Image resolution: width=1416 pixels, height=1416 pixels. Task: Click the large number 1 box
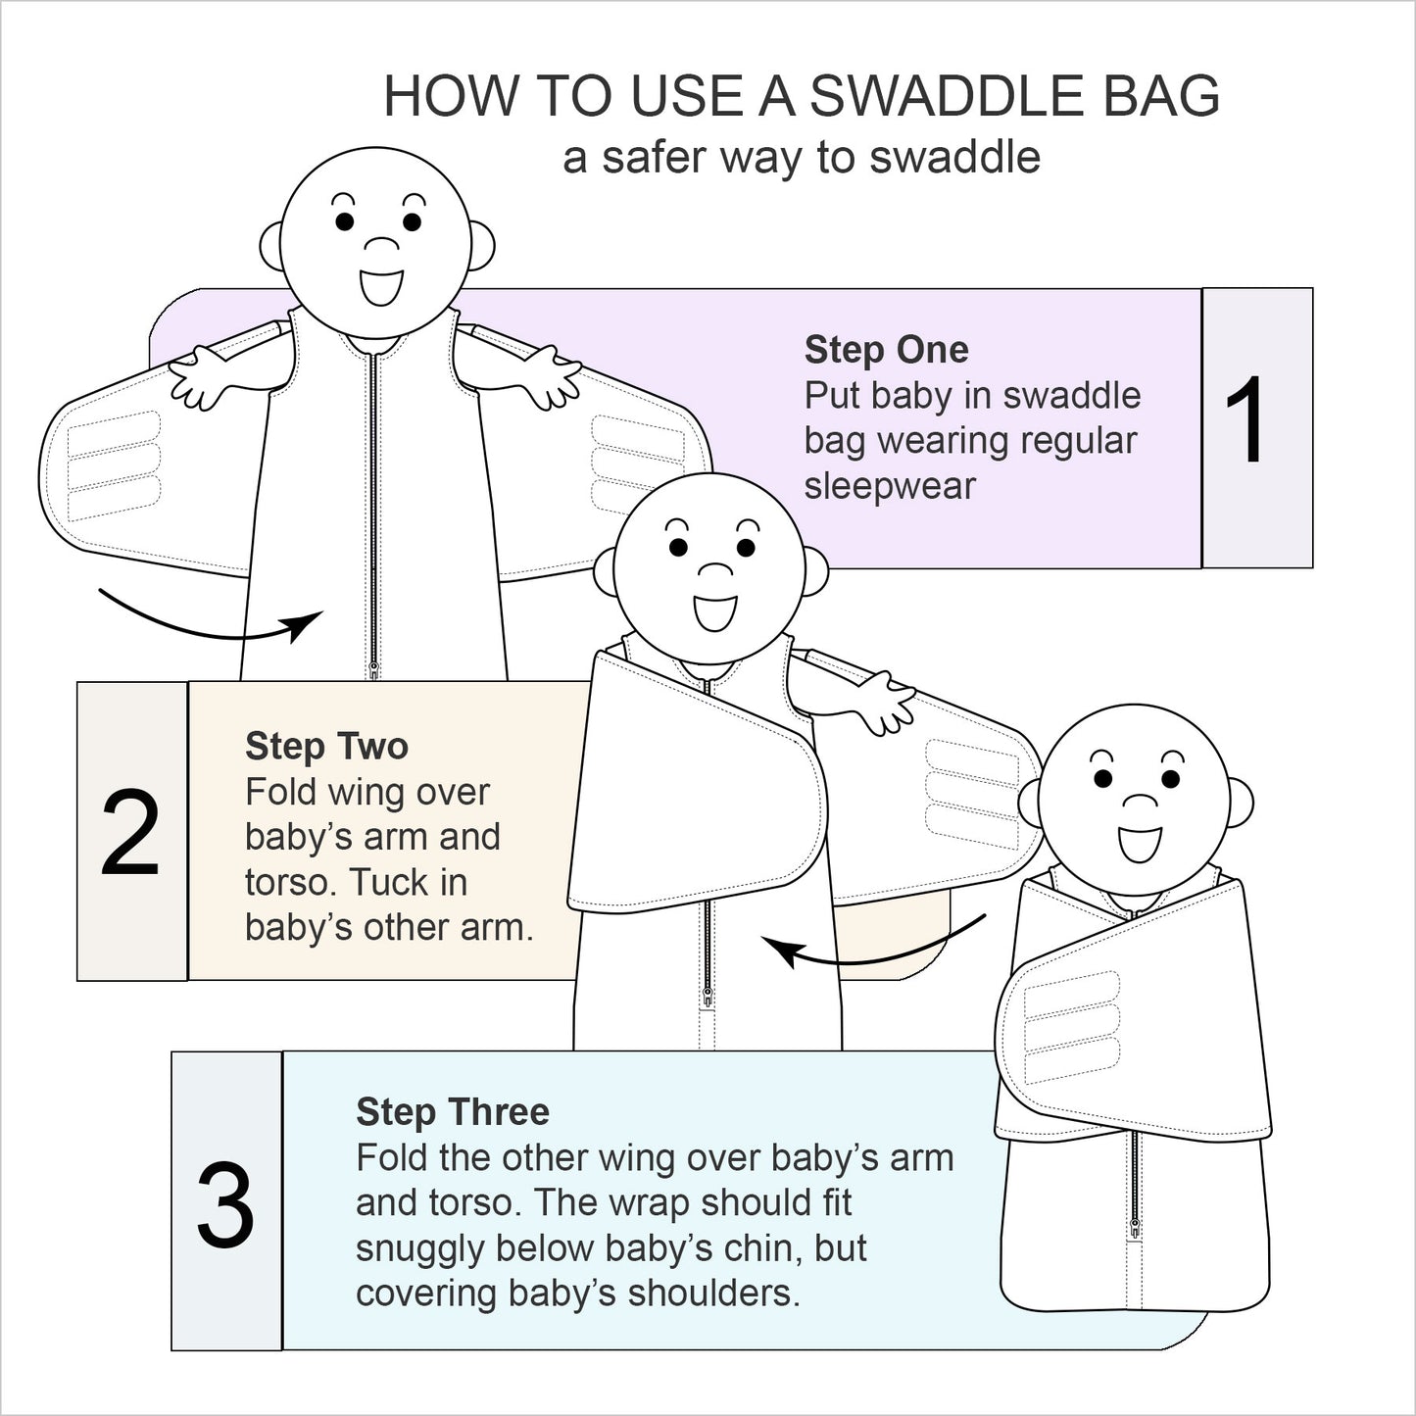tap(1256, 427)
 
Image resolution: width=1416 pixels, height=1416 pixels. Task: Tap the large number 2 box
tap(131, 832)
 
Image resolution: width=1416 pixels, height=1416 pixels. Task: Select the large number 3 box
tap(226, 1202)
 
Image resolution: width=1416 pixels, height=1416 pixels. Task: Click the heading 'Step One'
tap(886, 350)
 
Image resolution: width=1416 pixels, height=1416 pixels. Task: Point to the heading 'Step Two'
tap(326, 747)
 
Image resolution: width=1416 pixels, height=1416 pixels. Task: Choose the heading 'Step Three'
tap(452, 1112)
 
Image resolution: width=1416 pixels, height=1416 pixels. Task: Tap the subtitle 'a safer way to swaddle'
tap(801, 158)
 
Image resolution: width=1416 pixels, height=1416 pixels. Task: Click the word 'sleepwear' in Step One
tap(890, 486)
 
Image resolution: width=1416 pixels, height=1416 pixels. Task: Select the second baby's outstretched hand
tap(887, 701)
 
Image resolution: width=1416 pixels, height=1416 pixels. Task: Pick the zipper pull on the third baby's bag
tap(1135, 1226)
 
